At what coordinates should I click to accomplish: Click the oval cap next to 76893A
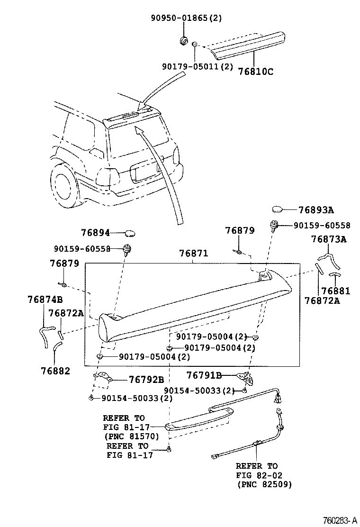coord(278,210)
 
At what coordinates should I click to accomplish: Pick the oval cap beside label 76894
coord(130,233)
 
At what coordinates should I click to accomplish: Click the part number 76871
coord(193,254)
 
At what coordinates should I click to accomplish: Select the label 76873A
coord(329,239)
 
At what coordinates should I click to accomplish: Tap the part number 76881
coord(335,291)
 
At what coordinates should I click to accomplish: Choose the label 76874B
coord(45,299)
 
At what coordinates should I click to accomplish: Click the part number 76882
coord(55,371)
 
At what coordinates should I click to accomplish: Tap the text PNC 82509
coord(264,484)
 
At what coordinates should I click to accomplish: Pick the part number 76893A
coord(316,210)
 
